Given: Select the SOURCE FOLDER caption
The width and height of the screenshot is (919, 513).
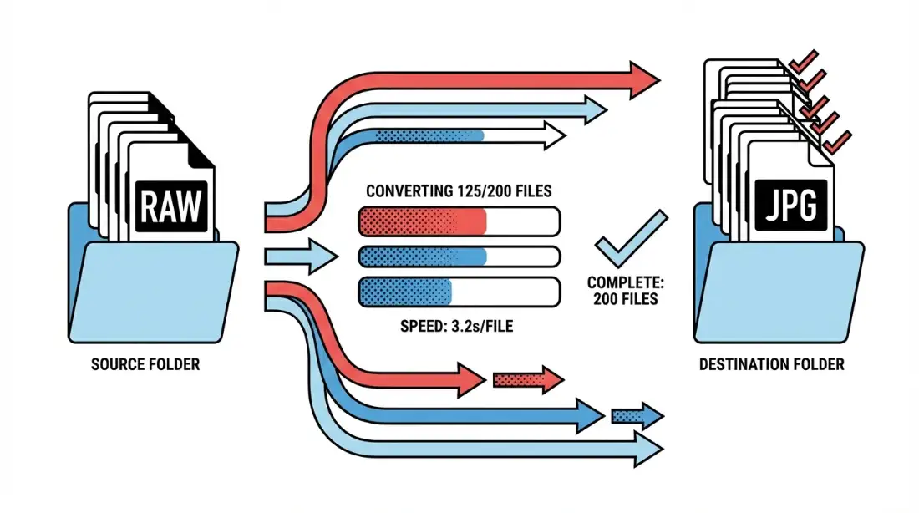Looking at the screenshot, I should pyautogui.click(x=145, y=365).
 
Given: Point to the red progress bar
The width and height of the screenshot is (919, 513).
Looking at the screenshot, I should pyautogui.click(x=459, y=221).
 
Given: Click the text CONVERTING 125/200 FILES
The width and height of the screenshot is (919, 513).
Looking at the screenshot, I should pyautogui.click(x=459, y=191).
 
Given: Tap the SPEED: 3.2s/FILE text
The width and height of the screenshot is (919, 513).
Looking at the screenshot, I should pyautogui.click(x=459, y=327).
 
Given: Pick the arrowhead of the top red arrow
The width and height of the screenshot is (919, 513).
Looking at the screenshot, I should pyautogui.click(x=643, y=79).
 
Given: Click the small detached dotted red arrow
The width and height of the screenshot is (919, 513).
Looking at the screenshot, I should pyautogui.click(x=528, y=380).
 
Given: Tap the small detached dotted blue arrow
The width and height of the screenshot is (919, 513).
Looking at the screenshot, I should pyautogui.click(x=637, y=414).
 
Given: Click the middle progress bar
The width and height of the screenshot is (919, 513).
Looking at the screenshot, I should pyautogui.click(x=459, y=256).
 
